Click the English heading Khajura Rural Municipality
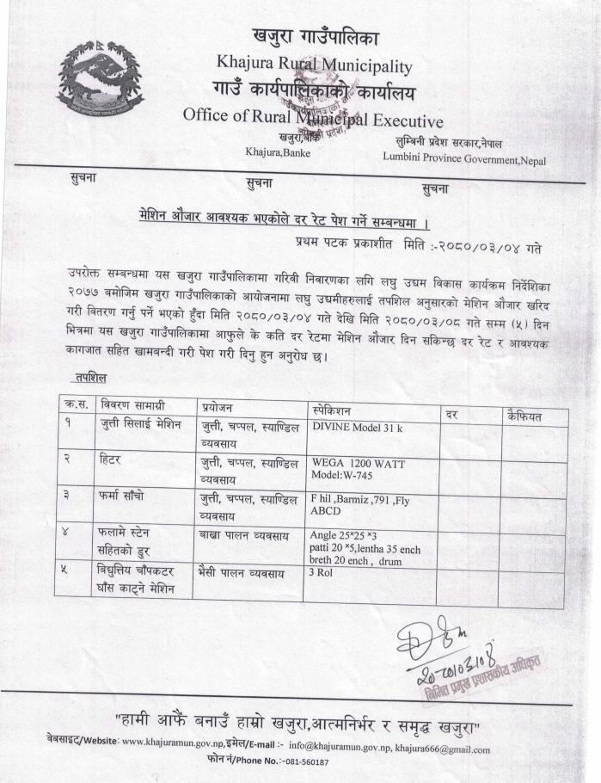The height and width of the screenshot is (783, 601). [315, 64]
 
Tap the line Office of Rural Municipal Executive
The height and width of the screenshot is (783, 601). [313, 120]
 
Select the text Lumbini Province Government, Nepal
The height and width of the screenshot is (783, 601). [464, 160]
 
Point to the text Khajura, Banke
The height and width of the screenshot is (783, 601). [279, 153]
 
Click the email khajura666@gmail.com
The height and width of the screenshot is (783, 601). [438, 749]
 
